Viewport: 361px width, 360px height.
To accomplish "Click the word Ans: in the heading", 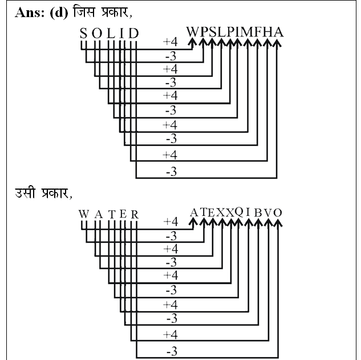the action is (30, 13).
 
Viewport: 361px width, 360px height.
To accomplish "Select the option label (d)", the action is (59, 13).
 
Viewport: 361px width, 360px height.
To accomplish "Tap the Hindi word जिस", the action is (84, 12).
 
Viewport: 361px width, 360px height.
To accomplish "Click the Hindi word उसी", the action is (25, 193).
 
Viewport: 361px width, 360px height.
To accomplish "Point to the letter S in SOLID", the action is (84, 34).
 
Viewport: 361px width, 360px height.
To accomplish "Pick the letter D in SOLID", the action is (133, 33).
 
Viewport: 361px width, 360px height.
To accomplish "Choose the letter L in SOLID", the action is (111, 34).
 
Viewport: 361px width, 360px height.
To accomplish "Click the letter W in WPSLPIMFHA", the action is (192, 32).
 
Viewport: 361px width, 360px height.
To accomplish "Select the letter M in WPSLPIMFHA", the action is (248, 32).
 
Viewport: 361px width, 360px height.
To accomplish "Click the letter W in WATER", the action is (84, 214).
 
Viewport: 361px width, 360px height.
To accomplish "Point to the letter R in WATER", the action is (135, 214).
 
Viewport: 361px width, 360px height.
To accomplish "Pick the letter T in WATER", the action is (112, 214).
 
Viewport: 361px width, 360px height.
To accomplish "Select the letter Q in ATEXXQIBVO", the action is (239, 212).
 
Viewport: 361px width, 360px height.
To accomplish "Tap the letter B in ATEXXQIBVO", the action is (258, 213).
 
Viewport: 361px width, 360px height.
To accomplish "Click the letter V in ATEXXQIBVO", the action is (268, 213).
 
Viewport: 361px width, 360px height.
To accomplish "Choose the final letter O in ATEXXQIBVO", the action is (278, 213).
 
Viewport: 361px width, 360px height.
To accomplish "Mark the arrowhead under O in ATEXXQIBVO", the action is (278, 222).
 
